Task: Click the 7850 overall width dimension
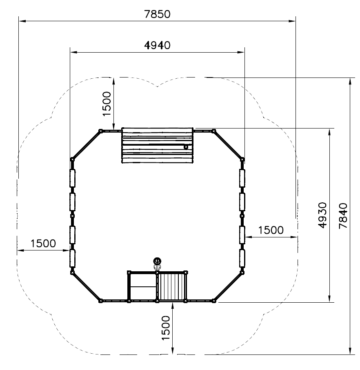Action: tap(157, 14)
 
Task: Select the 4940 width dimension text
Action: tap(157, 45)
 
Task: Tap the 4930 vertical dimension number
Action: tap(322, 215)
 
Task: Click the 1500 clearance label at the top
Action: tap(107, 104)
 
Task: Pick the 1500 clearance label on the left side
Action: tap(43, 243)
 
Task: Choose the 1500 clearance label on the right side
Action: tap(271, 230)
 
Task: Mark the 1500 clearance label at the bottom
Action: tap(166, 328)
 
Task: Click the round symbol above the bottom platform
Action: tap(157, 261)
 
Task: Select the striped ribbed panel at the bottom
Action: tap(172, 286)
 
